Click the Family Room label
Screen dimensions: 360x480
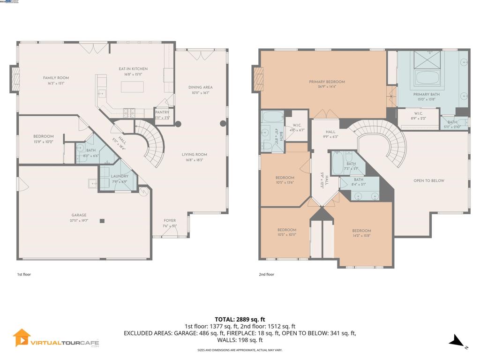point(56,78)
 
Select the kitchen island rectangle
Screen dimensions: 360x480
point(133,87)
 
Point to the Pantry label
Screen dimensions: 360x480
point(162,112)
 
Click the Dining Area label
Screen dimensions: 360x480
point(200,87)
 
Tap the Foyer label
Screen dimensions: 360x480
point(170,221)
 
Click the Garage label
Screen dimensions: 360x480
point(79,215)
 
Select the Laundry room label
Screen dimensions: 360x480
point(120,176)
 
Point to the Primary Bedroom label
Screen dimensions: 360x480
point(327,82)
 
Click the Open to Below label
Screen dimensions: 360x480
point(428,180)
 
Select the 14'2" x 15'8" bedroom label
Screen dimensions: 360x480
point(361,231)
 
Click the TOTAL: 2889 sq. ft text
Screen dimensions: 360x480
point(240,319)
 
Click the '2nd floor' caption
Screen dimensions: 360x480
point(266,274)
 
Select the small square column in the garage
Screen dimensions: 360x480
point(101,221)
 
